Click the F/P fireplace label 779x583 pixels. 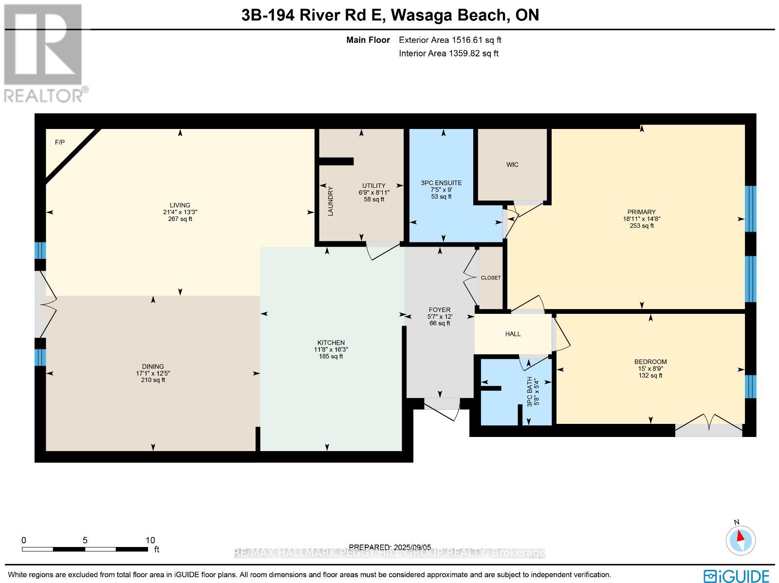[x=59, y=143]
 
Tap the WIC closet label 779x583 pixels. [x=512, y=164]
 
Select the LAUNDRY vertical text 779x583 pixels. [x=330, y=201]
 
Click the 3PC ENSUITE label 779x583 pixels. [x=441, y=183]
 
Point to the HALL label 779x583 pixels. [x=513, y=334]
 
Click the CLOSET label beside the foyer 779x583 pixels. [x=490, y=278]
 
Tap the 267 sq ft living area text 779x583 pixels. [x=180, y=219]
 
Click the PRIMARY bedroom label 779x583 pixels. [x=641, y=212]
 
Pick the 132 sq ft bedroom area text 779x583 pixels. [x=650, y=375]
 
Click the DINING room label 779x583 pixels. [x=153, y=366]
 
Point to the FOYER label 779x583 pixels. [x=439, y=310]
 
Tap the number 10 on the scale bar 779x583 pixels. [x=150, y=540]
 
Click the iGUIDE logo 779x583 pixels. [x=737, y=575]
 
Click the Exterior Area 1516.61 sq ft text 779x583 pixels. [x=450, y=40]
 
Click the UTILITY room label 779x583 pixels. [x=373, y=185]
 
